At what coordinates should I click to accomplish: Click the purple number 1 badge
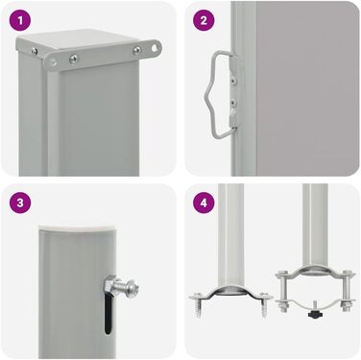click(x=20, y=20)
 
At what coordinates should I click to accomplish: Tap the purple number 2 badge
click(x=204, y=20)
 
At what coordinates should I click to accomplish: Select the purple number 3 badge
click(x=20, y=203)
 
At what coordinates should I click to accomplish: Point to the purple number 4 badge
click(x=204, y=203)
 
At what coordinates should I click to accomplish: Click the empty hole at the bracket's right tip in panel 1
click(x=155, y=48)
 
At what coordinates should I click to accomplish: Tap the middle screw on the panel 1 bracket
click(x=74, y=59)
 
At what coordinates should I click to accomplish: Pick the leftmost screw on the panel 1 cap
click(x=34, y=50)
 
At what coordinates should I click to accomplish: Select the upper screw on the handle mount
click(x=234, y=79)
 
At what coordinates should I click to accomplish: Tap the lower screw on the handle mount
click(x=234, y=103)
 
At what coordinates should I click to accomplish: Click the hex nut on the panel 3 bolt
click(x=110, y=283)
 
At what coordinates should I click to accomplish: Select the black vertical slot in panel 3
click(x=108, y=314)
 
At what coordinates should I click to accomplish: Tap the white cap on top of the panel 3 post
click(x=78, y=228)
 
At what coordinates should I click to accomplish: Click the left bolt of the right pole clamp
click(x=282, y=292)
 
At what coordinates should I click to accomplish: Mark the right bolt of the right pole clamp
click(x=346, y=292)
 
